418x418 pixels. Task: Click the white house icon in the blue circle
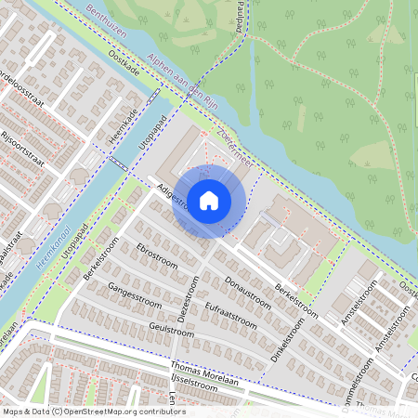coord(209,200)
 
